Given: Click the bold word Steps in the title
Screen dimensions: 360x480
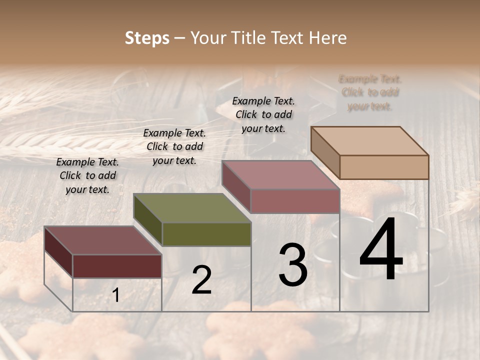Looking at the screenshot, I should [x=147, y=38].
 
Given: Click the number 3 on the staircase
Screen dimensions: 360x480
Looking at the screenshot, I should [x=293, y=265].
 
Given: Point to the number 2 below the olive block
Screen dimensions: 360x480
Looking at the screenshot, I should [x=201, y=280].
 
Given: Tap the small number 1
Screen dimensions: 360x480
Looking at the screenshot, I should [x=116, y=295].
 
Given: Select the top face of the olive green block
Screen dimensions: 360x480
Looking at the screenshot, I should [x=192, y=208].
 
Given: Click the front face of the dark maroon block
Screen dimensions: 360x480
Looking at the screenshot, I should [x=117, y=266].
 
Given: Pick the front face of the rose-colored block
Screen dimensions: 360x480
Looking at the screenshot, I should [x=295, y=201].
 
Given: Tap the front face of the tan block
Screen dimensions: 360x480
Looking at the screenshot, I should [x=384, y=167].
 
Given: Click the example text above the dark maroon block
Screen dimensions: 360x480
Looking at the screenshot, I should [x=87, y=175].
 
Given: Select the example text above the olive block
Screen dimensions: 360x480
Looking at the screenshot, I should [x=174, y=146].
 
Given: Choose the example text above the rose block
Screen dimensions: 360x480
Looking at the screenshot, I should [x=263, y=114].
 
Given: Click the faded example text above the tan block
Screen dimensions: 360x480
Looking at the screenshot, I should [x=370, y=92].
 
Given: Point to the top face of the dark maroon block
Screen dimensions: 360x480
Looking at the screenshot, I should [x=103, y=240].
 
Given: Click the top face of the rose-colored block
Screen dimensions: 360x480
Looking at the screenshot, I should [x=281, y=175].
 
